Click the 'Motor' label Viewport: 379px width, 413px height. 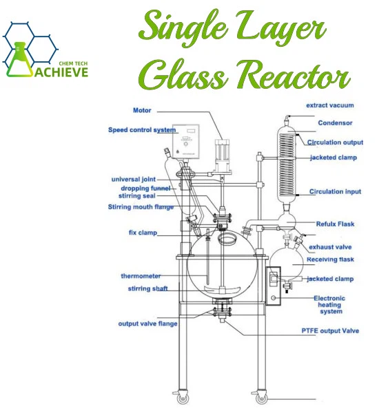[x=142, y=110]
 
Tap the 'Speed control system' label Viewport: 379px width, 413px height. [x=142, y=130]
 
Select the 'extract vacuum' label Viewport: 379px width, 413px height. [x=330, y=105]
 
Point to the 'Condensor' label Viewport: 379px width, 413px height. [x=335, y=123]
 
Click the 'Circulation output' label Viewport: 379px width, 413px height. [x=335, y=142]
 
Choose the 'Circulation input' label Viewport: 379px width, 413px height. [x=335, y=191]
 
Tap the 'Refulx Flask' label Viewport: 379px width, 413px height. [x=335, y=224]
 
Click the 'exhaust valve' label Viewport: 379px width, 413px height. [x=330, y=247]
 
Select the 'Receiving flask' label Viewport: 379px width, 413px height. [x=330, y=260]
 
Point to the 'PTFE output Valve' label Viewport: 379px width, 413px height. [x=330, y=331]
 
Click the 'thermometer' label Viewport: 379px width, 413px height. [x=141, y=276]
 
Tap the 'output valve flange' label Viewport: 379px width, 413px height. [x=147, y=324]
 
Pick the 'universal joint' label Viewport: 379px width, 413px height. [x=134, y=180]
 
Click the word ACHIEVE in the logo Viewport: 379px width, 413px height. [x=61, y=72]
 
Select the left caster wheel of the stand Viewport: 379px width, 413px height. [x=183, y=399]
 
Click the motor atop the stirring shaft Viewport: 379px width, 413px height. [x=223, y=156]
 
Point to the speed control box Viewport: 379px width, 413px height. [x=185, y=141]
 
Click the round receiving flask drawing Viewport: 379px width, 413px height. [x=287, y=264]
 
